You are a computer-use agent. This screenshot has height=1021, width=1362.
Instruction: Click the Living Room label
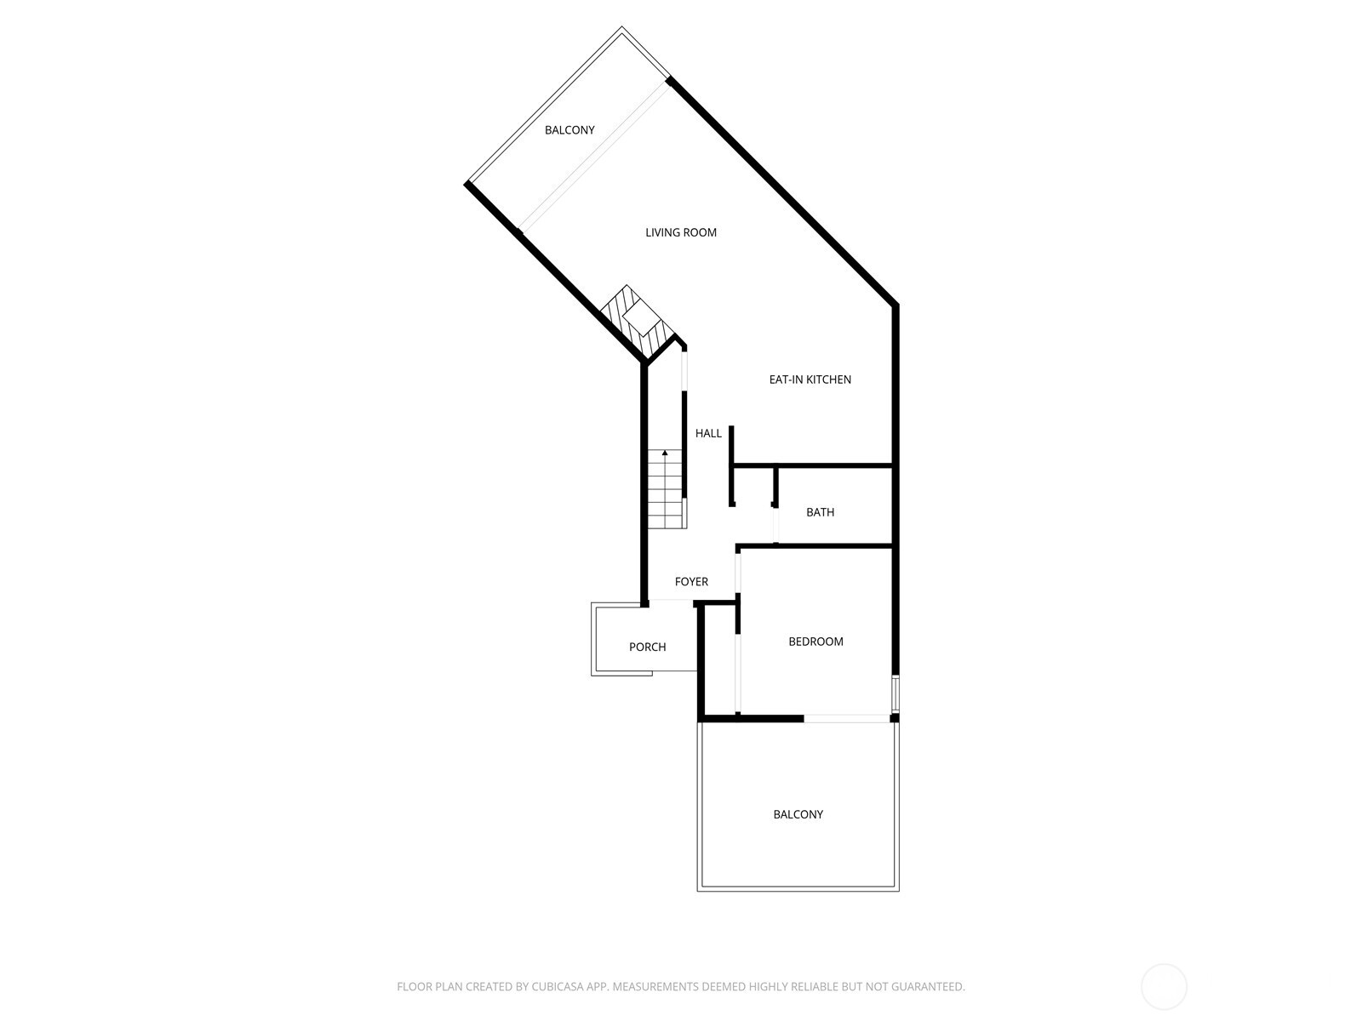click(681, 232)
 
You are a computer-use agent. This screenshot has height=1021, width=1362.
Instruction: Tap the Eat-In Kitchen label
click(810, 379)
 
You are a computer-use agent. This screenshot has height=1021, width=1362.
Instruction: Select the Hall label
click(708, 433)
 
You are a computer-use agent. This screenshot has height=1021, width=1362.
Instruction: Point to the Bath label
click(820, 512)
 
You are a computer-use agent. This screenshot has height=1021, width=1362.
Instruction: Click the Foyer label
click(691, 582)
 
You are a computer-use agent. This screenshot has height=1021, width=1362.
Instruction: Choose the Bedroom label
click(815, 642)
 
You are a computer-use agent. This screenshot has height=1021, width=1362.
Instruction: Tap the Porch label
click(647, 647)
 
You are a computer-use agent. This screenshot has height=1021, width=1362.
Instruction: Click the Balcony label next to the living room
click(569, 130)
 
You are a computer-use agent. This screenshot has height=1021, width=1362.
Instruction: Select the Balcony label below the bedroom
click(798, 814)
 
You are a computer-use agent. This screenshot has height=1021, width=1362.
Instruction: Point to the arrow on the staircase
click(665, 453)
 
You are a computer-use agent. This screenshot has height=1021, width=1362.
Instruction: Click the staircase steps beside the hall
click(666, 493)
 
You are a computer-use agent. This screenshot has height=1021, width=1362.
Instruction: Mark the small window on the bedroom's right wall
click(895, 693)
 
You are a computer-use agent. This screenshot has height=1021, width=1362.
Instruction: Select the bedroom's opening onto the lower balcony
click(846, 719)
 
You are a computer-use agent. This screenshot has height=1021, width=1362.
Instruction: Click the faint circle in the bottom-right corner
click(1164, 987)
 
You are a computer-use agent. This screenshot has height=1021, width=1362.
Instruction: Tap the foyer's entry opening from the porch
click(672, 602)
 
